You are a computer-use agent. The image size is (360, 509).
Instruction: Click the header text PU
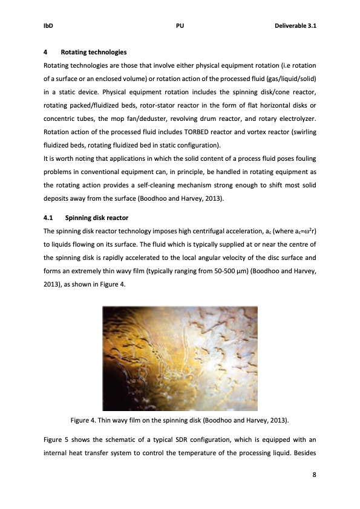pyautogui.click(x=180, y=27)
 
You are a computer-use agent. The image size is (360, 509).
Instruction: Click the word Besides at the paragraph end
pyautogui.click(x=303, y=450)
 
